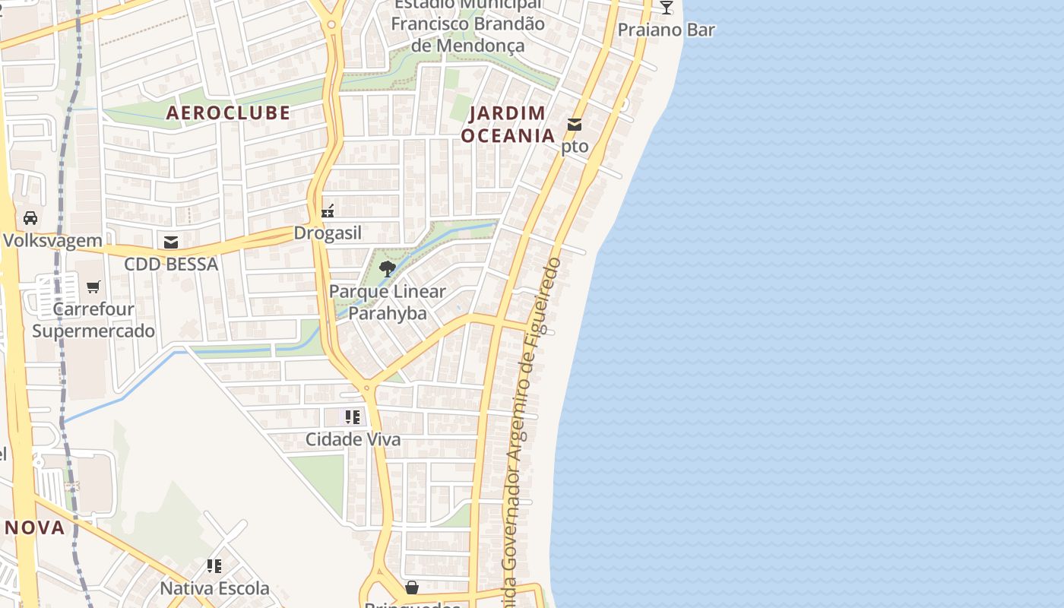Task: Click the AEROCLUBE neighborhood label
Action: point(228,112)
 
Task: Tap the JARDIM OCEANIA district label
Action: point(508,125)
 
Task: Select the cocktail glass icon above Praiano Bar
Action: point(667,8)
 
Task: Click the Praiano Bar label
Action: point(667,30)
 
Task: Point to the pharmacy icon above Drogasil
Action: point(328,211)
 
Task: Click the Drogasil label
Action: point(328,233)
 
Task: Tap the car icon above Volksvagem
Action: point(30,218)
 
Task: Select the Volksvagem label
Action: point(52,241)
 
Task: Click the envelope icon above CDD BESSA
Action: point(171,242)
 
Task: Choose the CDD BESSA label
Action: point(171,264)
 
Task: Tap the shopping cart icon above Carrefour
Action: point(93,287)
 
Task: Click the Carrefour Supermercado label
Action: point(93,320)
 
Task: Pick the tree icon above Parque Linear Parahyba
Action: point(388,268)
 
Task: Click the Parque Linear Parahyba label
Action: point(388,302)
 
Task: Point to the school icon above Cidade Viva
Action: point(353,416)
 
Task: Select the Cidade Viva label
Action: point(353,439)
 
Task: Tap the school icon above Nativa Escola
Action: point(214,566)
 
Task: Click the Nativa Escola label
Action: point(214,588)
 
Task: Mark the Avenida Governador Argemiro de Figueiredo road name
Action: point(533,426)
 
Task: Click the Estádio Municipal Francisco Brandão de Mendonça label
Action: point(468,24)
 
